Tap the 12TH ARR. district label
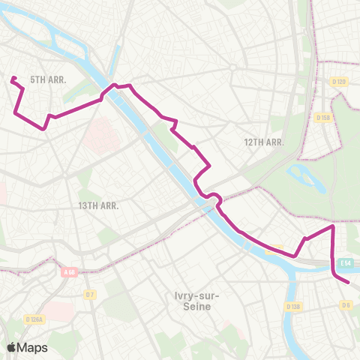[263, 142]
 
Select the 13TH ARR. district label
[98, 204]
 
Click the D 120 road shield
[339, 81]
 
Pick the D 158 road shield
[323, 118]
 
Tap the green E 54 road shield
[345, 262]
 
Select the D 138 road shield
[293, 307]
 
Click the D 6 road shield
[346, 304]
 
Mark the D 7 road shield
[90, 294]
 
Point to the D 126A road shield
[35, 319]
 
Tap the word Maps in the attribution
[32, 347]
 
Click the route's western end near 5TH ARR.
[13, 78]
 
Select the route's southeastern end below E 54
[349, 282]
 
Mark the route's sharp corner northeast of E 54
[332, 226]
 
